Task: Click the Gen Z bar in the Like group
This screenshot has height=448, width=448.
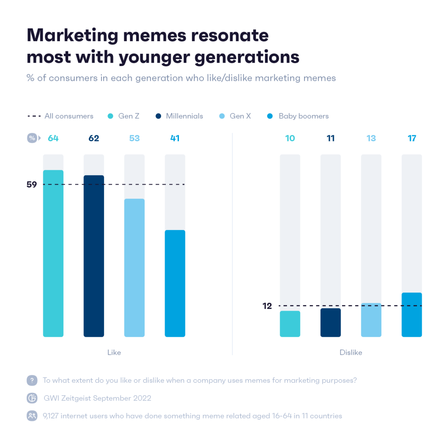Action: point(53,254)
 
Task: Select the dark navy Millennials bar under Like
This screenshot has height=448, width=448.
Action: point(94,256)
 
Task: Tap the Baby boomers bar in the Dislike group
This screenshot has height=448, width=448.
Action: point(412,315)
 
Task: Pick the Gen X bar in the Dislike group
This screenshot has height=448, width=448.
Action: point(371,320)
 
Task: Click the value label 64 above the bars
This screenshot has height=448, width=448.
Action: point(53,138)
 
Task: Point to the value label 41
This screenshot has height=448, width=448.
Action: point(175,138)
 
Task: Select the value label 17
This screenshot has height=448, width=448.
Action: point(412,138)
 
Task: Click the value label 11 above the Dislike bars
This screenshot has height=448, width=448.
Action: point(331,138)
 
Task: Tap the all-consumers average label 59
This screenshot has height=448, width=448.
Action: point(31,185)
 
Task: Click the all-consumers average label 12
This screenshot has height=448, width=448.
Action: point(267,306)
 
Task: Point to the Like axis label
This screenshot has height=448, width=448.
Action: point(114,352)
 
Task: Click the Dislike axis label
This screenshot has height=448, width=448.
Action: point(351,352)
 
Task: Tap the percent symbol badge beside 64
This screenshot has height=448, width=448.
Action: point(32,138)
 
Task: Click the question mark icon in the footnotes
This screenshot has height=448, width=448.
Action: point(32,380)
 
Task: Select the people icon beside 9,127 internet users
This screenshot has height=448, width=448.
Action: point(32,416)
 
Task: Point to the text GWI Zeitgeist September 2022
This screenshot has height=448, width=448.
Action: point(98,398)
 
